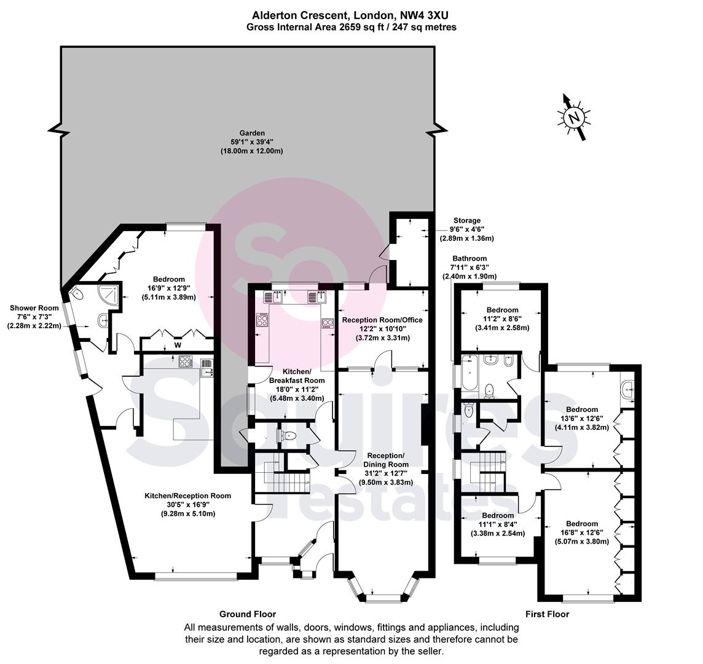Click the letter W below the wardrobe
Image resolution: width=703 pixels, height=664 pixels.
click(x=178, y=345)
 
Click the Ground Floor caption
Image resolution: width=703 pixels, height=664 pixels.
click(x=248, y=614)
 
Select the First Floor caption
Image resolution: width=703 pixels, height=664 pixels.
click(x=547, y=614)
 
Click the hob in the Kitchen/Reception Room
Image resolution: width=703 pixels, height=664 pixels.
click(x=185, y=362)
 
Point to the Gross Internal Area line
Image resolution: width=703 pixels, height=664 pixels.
click(x=351, y=28)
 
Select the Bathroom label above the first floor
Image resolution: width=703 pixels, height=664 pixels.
click(x=469, y=258)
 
